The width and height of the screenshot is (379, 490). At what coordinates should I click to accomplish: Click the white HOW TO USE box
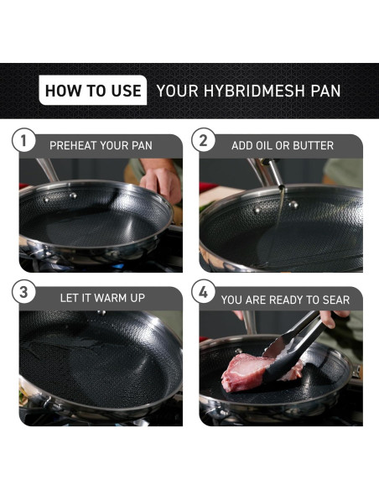coord(92,91)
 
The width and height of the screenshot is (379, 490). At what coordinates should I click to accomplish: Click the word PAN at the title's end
coord(324,91)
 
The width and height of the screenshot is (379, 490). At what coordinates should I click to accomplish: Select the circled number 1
coord(24,141)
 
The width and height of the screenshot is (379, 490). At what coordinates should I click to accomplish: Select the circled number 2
coord(204,141)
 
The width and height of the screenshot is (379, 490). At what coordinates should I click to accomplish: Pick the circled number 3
coord(24,294)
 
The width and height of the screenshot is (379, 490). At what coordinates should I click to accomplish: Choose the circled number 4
coord(204,294)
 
